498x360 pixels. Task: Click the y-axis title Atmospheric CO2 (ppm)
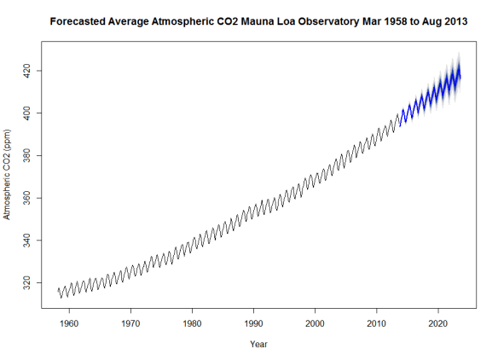(9, 174)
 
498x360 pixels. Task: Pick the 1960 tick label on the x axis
(69, 324)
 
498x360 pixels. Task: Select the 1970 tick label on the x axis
(130, 324)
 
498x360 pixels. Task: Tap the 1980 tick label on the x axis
(192, 324)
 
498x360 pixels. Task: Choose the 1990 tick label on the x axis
(254, 324)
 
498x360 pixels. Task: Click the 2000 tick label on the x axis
(316, 324)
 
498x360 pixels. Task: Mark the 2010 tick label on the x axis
(377, 324)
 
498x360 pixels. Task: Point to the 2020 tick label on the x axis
(438, 324)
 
